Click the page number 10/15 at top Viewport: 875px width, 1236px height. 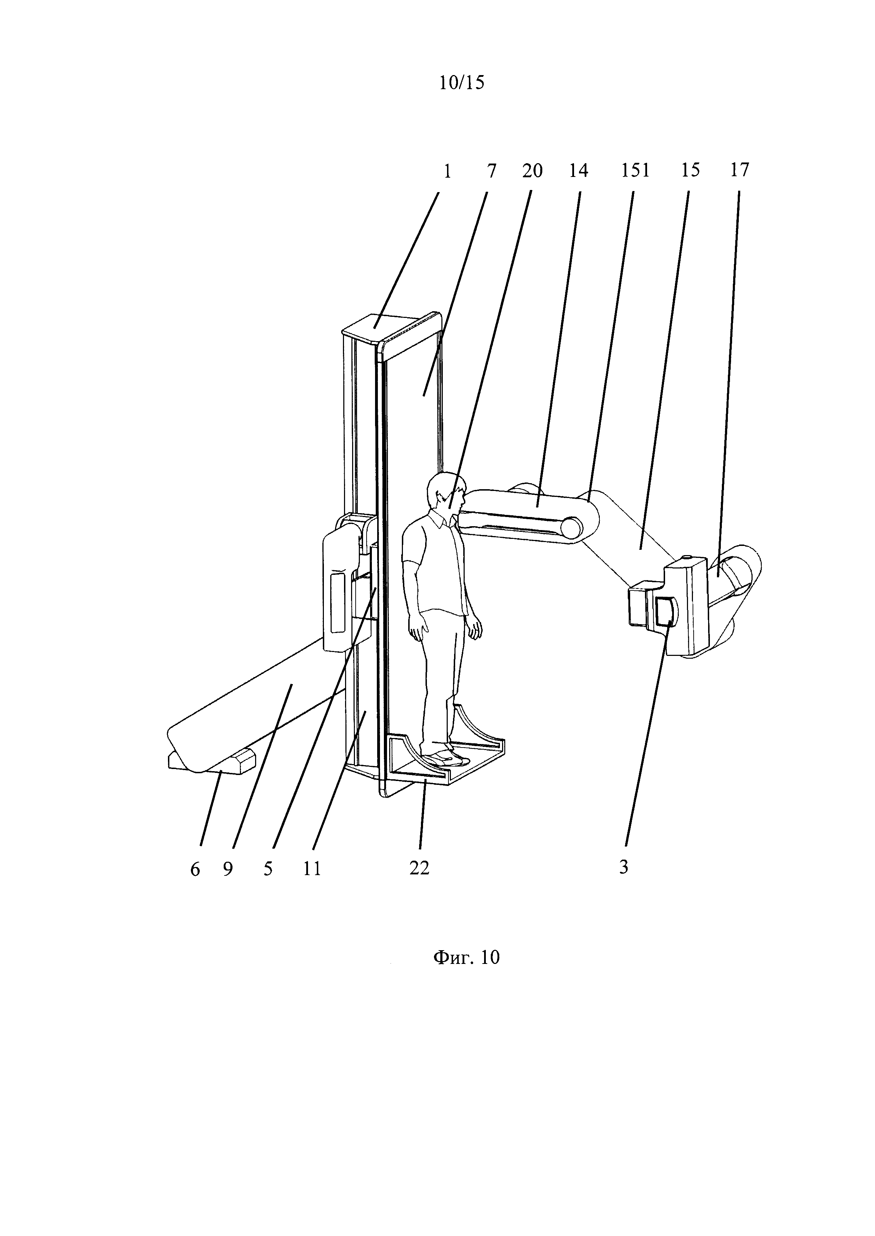click(461, 82)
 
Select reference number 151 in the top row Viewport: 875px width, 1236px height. click(635, 171)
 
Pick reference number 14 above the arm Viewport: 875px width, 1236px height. click(578, 171)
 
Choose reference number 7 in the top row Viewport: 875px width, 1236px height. click(491, 171)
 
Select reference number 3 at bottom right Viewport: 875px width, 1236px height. click(623, 867)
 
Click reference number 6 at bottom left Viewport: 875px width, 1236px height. click(195, 869)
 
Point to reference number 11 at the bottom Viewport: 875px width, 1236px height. click(312, 869)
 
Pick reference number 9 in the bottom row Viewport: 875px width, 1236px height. click(228, 869)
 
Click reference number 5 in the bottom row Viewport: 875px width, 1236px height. click(268, 869)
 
